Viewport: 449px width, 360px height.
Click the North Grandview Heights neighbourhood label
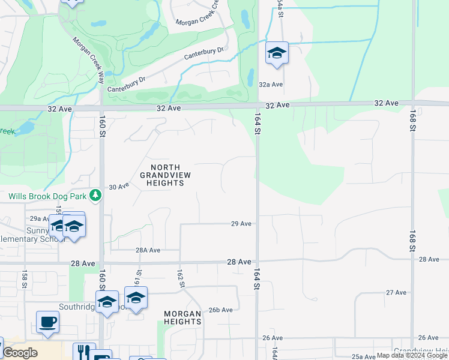(162, 175)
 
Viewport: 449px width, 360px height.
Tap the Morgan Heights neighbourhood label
(182, 317)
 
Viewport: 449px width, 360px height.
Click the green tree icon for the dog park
(95, 195)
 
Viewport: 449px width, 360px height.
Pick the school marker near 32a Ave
(277, 53)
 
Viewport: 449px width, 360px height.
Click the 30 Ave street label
(119, 187)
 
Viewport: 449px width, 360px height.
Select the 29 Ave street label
(241, 224)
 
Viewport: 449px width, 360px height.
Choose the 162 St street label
(179, 278)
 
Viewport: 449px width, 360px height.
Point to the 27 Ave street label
(396, 292)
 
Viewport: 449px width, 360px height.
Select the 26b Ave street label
(220, 310)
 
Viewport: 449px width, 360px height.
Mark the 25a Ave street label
(364, 356)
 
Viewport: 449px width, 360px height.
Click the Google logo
(19, 353)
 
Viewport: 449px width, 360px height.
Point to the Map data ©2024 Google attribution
(412, 356)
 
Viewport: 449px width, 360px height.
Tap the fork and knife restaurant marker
(84, 351)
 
